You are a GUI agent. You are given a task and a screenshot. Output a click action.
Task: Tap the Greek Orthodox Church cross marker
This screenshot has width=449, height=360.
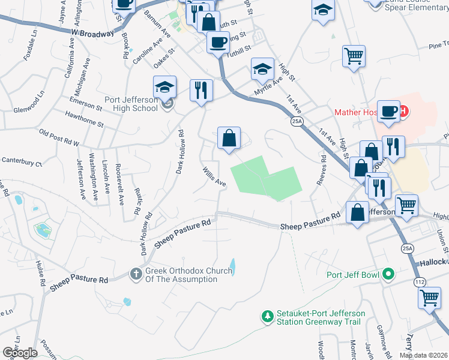tap(136, 274)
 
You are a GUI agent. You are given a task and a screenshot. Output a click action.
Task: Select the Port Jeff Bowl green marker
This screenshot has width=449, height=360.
tap(388, 275)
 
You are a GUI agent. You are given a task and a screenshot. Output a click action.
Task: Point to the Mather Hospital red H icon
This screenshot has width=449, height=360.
tap(405, 111)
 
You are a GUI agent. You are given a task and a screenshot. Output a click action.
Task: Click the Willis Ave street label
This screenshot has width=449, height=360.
tap(213, 176)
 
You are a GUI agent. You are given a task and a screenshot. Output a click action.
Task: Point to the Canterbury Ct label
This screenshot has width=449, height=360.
tap(22, 160)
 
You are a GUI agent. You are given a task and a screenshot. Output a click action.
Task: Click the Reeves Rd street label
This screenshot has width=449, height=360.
tap(323, 170)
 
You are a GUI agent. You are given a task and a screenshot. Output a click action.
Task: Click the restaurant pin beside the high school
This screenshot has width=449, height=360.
tap(201, 91)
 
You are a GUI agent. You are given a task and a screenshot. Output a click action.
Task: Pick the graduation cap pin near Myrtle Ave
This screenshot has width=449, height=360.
tap(262, 70)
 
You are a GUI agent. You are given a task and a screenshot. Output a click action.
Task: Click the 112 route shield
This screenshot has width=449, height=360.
tap(418, 281)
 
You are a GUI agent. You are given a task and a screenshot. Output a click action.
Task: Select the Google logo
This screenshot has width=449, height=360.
tap(20, 353)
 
